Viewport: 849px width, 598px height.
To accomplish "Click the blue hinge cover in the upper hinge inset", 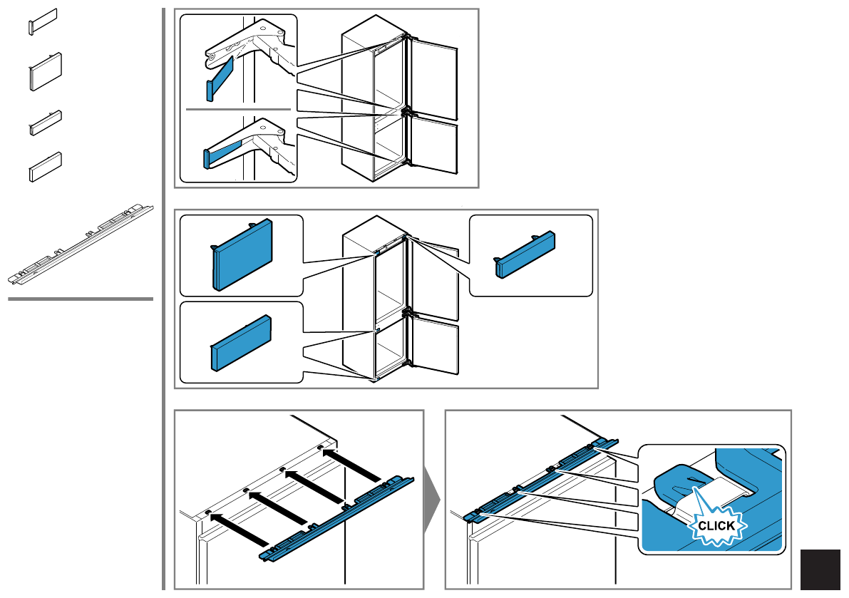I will click(x=220, y=79).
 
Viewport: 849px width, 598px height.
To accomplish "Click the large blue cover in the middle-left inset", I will click(x=242, y=254).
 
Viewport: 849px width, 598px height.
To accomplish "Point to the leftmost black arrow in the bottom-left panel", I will click(x=239, y=530).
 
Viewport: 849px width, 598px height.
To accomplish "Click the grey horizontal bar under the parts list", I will click(x=81, y=299).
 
